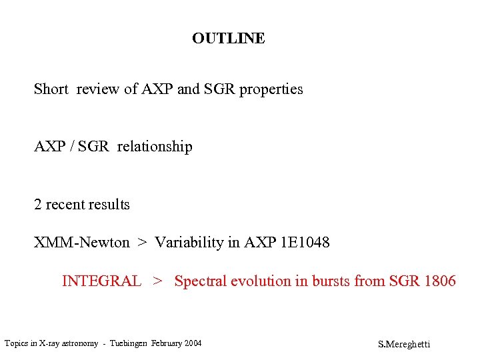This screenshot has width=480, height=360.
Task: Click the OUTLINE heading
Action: click(228, 39)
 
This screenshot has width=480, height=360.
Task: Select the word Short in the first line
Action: click(51, 89)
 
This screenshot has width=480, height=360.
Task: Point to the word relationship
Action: click(155, 147)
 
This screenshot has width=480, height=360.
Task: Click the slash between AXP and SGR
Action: click(70, 147)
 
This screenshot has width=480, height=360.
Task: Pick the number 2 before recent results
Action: click(38, 205)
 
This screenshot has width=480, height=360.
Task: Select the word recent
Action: click(65, 205)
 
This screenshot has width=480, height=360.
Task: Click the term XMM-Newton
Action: click(82, 243)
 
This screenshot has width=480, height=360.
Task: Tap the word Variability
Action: click(189, 243)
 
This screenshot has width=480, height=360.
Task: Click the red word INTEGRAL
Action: click(101, 281)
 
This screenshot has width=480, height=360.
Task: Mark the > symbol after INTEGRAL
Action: click(157, 281)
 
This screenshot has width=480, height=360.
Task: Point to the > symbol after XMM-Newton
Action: click(142, 243)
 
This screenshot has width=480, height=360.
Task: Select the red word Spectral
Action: click(201, 281)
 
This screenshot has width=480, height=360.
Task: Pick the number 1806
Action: click(439, 281)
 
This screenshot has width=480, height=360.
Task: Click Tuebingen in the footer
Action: click(127, 343)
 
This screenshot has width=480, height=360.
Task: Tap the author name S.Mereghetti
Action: click(404, 344)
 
